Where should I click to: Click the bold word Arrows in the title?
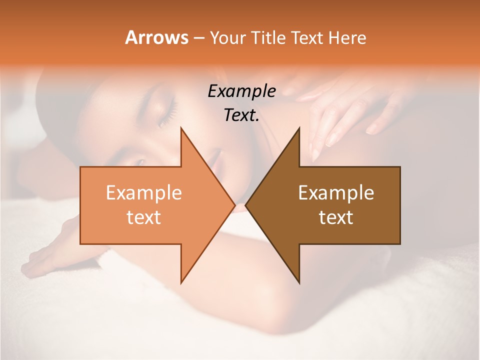pyautogui.click(x=156, y=37)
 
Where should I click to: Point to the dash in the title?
pyautogui.click(x=198, y=38)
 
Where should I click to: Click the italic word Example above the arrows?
pyautogui.click(x=242, y=91)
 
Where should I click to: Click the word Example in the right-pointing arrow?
pyautogui.click(x=144, y=192)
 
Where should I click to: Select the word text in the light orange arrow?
pyautogui.click(x=144, y=217)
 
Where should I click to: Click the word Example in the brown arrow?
pyautogui.click(x=336, y=192)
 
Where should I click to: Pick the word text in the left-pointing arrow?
pyautogui.click(x=336, y=217)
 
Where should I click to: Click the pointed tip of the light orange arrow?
pyautogui.click(x=234, y=205)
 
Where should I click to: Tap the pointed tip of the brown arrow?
pyautogui.click(x=246, y=205)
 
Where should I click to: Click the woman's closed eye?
pyautogui.click(x=167, y=112)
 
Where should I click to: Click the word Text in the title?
pyautogui.click(x=307, y=38)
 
